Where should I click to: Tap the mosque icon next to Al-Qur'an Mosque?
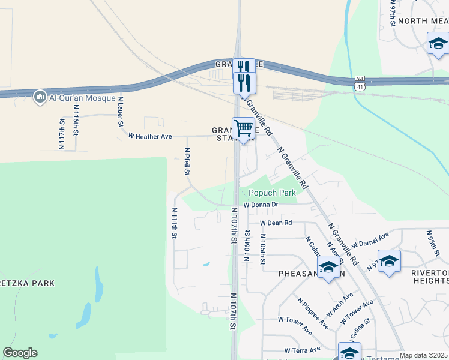(x=40, y=97)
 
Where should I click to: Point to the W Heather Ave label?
(x=150, y=136)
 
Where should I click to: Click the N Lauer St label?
(x=121, y=112)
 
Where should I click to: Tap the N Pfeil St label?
(x=187, y=162)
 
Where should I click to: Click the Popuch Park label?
(x=273, y=193)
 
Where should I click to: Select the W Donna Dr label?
(x=261, y=205)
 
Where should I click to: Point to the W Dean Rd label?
(x=276, y=223)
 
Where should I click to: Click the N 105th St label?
(x=262, y=250)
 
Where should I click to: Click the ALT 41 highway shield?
(x=360, y=82)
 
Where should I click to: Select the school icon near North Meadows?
(x=438, y=43)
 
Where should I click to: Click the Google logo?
(x=20, y=353)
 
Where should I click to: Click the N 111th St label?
(x=175, y=223)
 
